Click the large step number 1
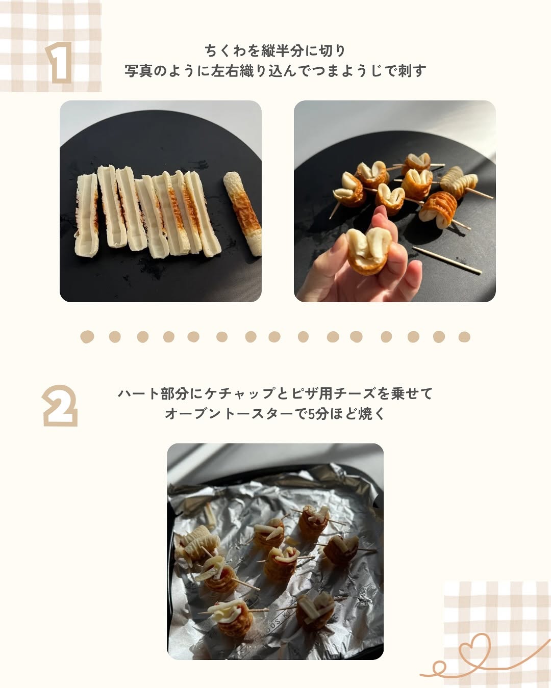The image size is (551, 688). (59, 63)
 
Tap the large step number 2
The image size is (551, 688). (60, 405)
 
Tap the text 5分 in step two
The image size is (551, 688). (318, 414)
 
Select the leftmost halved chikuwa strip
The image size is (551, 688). (86, 215)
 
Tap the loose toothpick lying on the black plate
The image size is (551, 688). (447, 260)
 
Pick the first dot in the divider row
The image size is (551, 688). (87, 337)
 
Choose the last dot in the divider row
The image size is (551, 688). (464, 337)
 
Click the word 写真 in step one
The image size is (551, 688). (138, 71)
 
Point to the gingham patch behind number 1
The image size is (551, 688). (51, 46)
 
